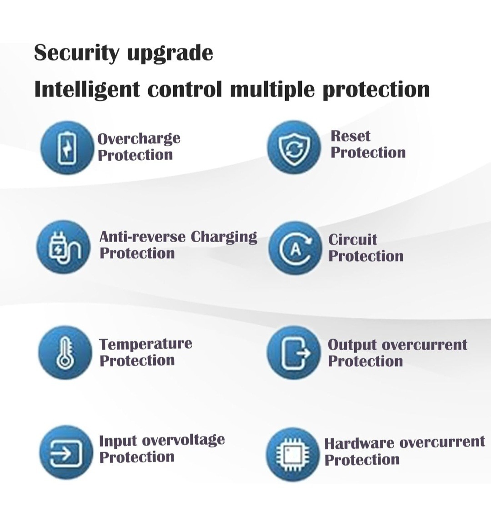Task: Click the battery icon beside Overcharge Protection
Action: pos(67,147)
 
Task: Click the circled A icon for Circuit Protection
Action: pos(295,249)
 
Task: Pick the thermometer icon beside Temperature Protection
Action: pos(65,353)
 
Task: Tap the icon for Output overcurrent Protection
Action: pos(294,353)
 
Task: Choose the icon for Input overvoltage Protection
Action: pos(65,453)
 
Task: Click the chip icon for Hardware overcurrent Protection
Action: pos(293,454)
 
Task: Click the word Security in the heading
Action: pos(77,53)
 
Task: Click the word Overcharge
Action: pos(139,139)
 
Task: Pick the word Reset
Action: pos(351,136)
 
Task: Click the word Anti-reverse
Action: pos(142,237)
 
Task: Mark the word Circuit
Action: pos(352,239)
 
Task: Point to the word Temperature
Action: pos(145,344)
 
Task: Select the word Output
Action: pos(352,345)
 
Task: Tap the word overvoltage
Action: pos(184,440)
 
